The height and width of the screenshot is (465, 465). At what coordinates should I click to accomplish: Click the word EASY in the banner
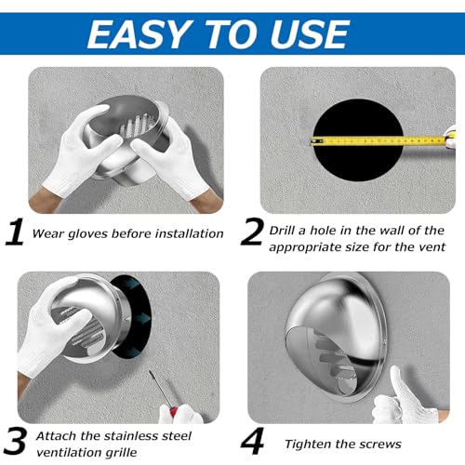(139, 34)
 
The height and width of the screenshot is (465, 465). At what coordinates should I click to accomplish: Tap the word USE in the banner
(310, 34)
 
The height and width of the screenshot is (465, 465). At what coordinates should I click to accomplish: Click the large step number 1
(15, 232)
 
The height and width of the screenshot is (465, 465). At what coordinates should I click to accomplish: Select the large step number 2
(252, 232)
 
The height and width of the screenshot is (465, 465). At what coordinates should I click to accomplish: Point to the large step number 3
(15, 441)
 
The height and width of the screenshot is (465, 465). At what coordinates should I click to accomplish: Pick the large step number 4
(252, 441)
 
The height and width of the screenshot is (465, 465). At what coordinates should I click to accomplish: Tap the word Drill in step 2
(282, 231)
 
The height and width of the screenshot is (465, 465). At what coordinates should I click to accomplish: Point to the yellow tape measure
(379, 141)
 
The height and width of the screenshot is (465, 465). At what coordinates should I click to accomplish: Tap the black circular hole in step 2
(358, 140)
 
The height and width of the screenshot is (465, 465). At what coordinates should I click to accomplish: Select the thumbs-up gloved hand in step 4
(403, 398)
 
